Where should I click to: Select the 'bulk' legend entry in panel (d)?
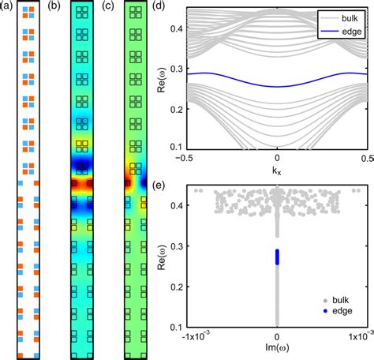(x=347, y=15)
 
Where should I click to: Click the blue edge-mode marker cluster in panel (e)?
(x=277, y=257)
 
